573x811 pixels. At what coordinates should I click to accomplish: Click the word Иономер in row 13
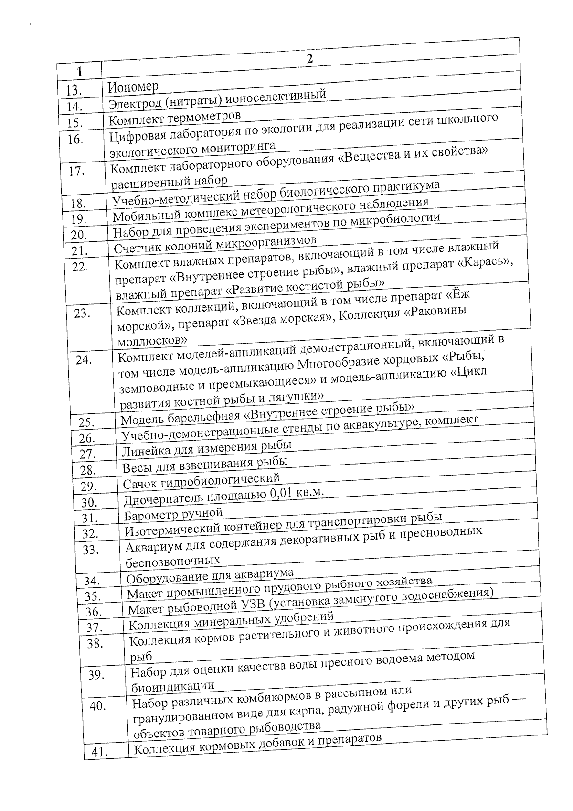click(133, 87)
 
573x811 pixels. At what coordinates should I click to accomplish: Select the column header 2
click(310, 60)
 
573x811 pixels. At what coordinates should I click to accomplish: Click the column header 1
click(79, 72)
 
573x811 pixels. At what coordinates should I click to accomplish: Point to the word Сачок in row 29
click(137, 484)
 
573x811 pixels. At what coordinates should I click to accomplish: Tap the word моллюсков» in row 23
click(152, 341)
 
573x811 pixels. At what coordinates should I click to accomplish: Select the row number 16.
click(75, 140)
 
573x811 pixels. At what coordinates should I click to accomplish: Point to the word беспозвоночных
click(173, 561)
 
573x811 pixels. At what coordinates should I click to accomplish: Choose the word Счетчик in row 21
click(137, 248)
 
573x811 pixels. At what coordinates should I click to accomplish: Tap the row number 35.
click(93, 596)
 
